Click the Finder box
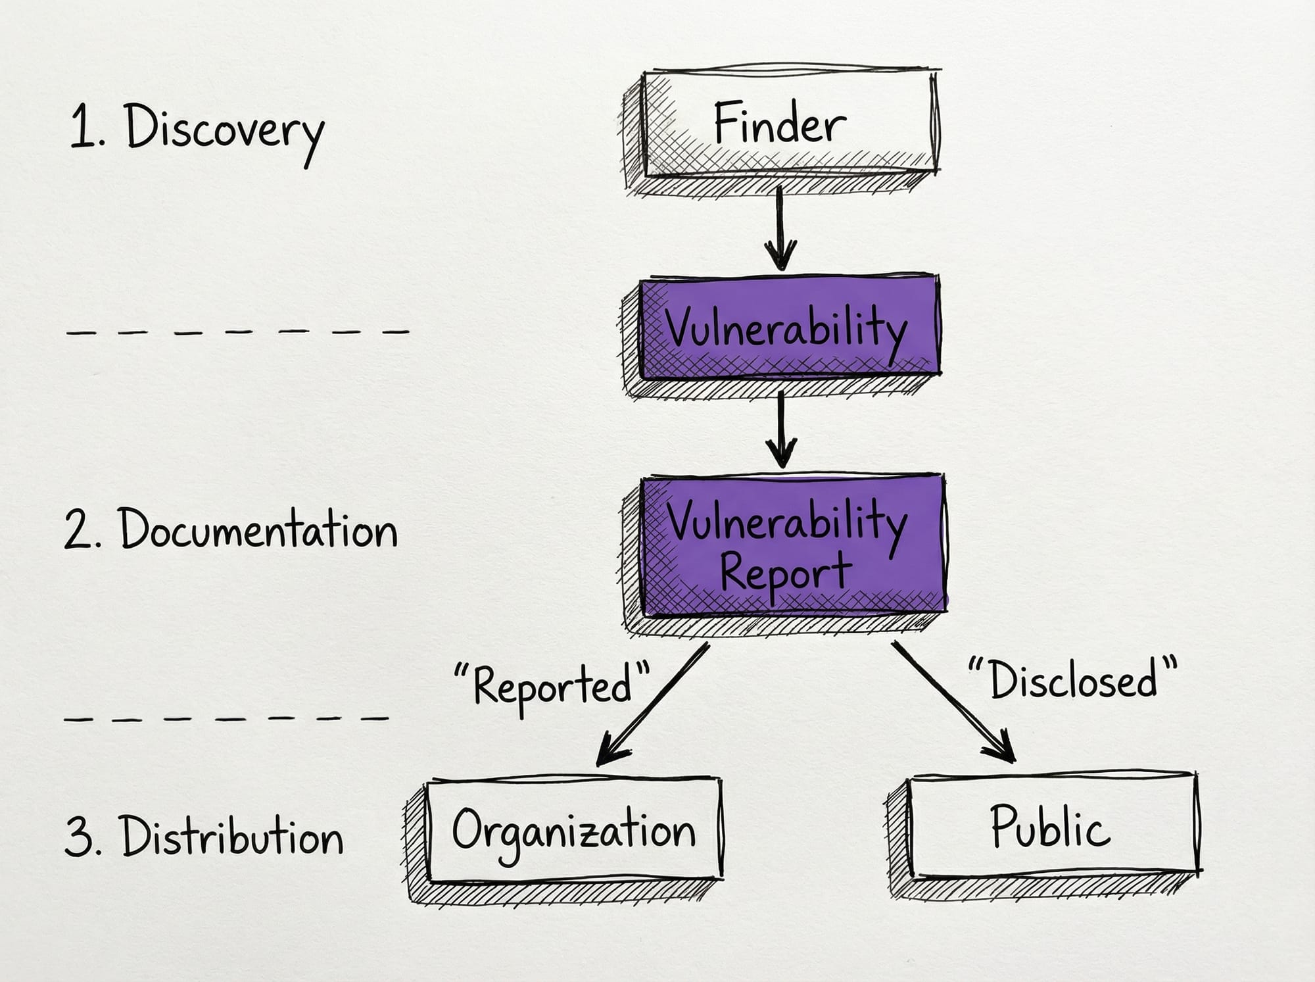[x=789, y=124]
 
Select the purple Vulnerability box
[x=789, y=327]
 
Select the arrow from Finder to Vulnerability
[x=780, y=227]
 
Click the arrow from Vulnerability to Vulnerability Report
[x=781, y=431]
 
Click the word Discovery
[x=224, y=131]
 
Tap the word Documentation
[x=258, y=529]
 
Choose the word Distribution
[x=232, y=837]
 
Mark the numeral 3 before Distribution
[x=78, y=837]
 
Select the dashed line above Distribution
[x=227, y=719]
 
